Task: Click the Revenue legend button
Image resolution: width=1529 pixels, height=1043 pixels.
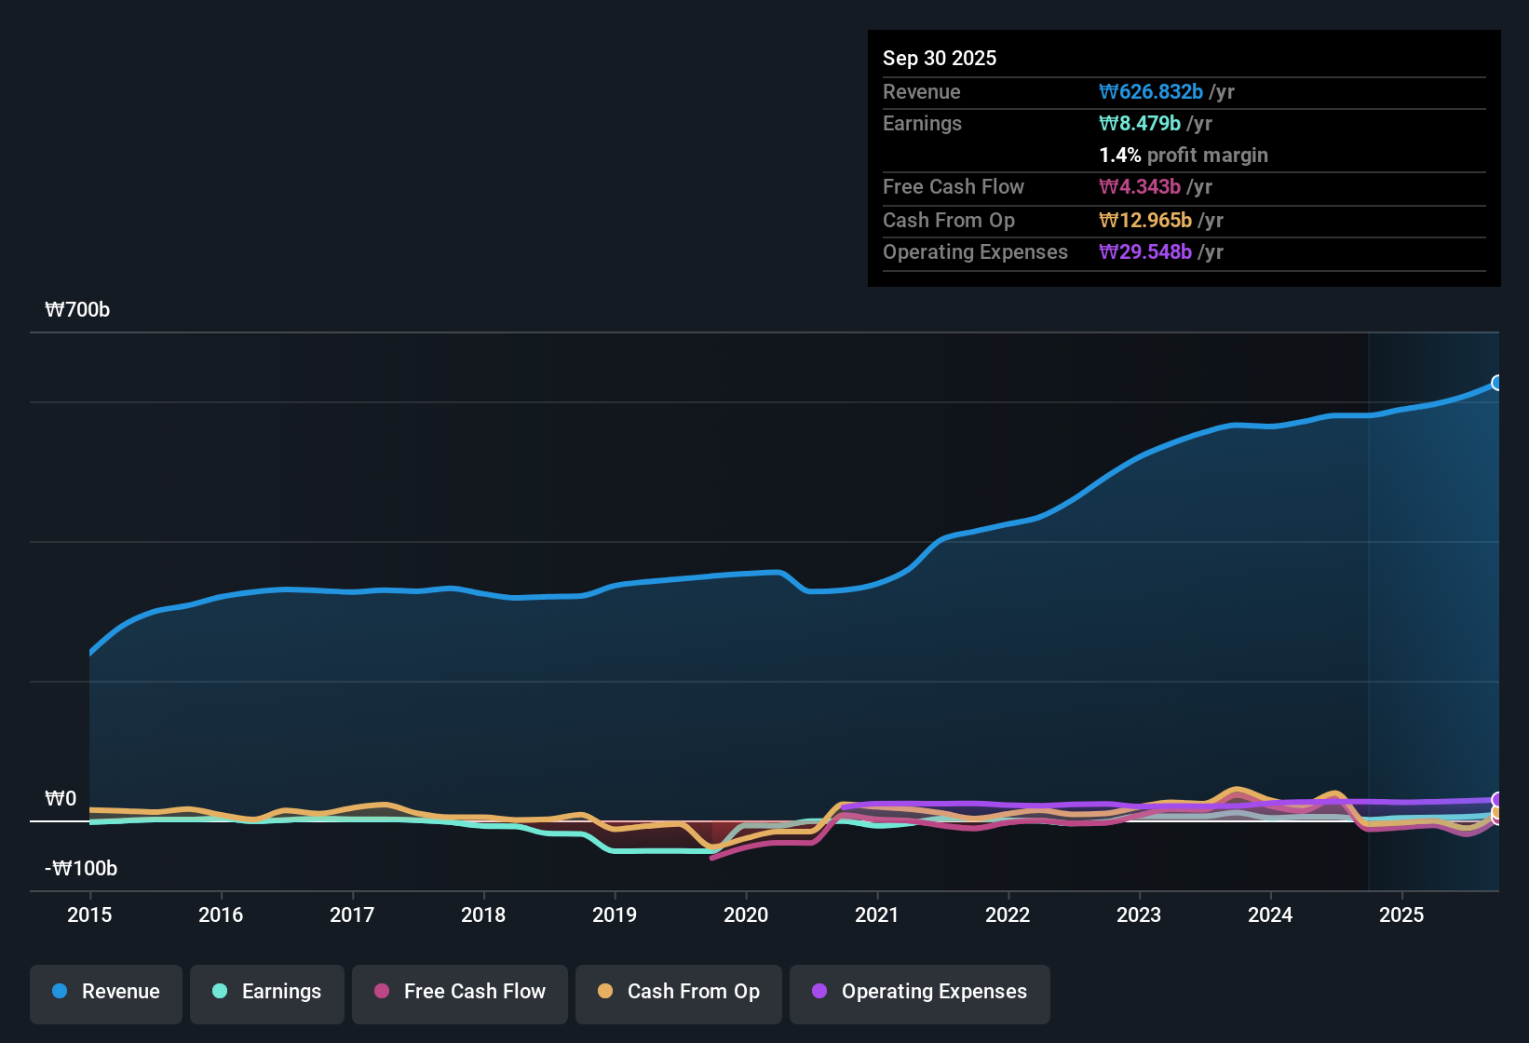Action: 106,992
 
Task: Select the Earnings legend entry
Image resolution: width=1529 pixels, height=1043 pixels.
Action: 267,992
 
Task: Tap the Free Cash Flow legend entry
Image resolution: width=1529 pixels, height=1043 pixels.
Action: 460,992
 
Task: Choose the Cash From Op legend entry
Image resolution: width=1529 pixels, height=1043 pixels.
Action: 679,992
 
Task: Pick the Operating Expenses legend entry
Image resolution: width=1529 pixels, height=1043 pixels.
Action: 920,992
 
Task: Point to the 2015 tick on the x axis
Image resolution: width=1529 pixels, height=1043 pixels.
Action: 89,914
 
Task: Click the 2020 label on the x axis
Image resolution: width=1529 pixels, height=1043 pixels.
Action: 746,914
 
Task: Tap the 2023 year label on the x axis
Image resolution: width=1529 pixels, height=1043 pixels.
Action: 1139,914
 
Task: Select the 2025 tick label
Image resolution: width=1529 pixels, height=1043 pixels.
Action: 1401,914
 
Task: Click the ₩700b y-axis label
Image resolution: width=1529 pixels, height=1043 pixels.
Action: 77,310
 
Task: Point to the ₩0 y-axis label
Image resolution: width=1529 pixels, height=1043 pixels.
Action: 61,799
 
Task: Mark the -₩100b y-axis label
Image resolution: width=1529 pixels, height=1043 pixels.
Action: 81,869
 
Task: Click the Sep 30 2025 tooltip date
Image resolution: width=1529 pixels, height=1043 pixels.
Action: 939,58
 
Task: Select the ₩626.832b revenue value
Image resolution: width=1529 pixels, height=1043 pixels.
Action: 1151,92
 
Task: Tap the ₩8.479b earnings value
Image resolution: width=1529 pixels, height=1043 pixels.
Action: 1140,124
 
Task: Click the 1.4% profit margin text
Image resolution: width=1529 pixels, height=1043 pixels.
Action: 1183,156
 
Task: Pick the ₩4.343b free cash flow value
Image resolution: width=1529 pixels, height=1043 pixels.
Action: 1140,187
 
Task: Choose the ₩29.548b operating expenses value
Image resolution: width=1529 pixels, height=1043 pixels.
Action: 1145,252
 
